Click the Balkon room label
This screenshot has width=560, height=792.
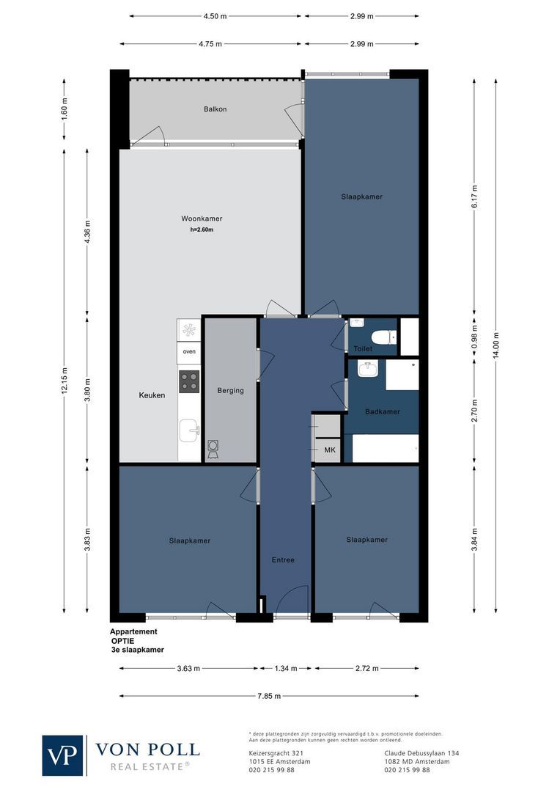point(215,109)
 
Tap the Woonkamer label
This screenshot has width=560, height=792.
point(202,219)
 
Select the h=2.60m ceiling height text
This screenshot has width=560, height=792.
point(202,230)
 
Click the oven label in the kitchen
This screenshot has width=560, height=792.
point(189,351)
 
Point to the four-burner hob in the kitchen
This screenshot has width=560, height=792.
point(189,381)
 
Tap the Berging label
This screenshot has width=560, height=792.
point(230,391)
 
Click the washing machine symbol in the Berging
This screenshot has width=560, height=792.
point(213,450)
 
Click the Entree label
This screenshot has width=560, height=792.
point(283,560)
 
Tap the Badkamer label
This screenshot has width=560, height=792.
point(383,411)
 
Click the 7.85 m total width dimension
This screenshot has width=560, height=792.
point(269,696)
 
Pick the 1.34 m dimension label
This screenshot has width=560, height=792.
point(286,668)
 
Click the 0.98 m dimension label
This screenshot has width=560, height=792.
point(474,335)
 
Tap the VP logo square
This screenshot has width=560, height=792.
point(63,755)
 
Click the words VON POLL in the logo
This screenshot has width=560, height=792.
point(147,749)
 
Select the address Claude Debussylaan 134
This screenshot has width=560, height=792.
point(421,753)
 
